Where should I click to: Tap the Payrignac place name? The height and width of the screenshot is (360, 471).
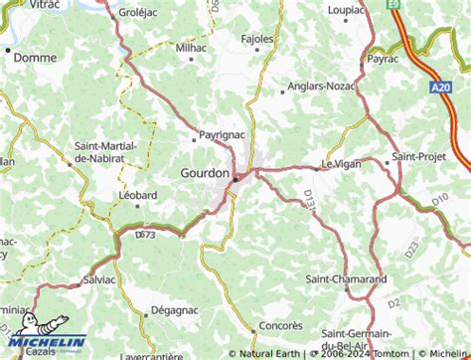click(x=223, y=132)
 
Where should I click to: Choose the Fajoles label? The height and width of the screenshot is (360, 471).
click(x=258, y=40)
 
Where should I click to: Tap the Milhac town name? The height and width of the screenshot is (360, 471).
click(x=192, y=47)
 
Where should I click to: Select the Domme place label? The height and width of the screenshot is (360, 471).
click(x=36, y=58)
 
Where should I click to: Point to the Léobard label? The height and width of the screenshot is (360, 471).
click(x=138, y=195)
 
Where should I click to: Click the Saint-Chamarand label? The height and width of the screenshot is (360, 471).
click(x=346, y=279)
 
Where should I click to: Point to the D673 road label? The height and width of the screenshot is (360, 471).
click(x=141, y=235)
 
